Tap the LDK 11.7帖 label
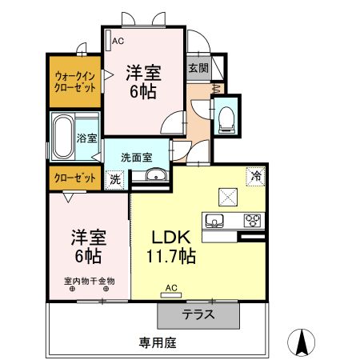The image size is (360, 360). pyautogui.click(x=169, y=247)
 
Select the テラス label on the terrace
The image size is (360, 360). pyautogui.click(x=198, y=314)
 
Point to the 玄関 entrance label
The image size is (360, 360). pyautogui.click(x=198, y=68)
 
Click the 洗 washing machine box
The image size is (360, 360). pyautogui.click(x=115, y=179)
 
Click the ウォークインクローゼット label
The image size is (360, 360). pyautogui.click(x=74, y=82)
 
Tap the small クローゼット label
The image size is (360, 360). pyautogui.click(x=75, y=177)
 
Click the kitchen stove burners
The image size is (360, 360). pyautogui.click(x=253, y=220)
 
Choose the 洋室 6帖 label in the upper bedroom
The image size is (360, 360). pyautogui.click(x=144, y=81)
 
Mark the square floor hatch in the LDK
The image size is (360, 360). pyautogui.click(x=226, y=194)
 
